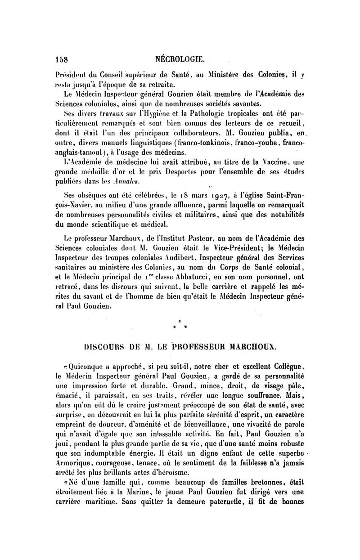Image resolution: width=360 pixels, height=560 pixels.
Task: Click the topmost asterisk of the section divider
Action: pos(180,322)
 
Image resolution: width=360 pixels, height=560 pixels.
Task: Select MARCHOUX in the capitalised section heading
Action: pos(253,348)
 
